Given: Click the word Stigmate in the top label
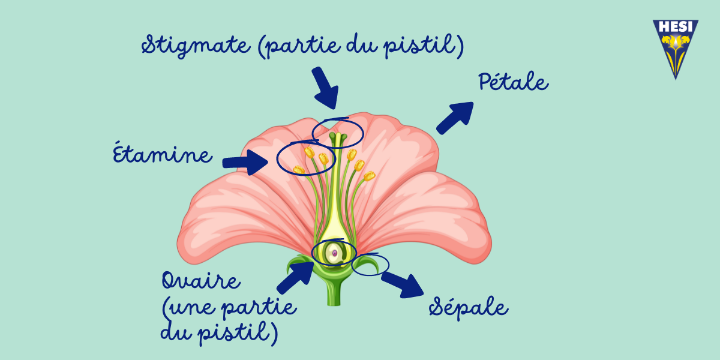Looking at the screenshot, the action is (196, 46).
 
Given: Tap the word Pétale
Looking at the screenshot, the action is (514, 82).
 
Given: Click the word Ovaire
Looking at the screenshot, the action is (201, 280).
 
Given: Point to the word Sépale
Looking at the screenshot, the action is (469, 307).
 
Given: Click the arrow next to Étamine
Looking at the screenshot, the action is (245, 163).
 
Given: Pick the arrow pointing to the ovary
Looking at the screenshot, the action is (296, 277).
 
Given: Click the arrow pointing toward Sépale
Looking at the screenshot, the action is (403, 285).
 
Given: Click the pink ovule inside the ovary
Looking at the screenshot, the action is (335, 253).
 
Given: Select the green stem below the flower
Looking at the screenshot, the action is (334, 293).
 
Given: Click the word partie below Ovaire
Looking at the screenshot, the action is (259, 308).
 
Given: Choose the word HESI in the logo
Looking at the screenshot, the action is (676, 27).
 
